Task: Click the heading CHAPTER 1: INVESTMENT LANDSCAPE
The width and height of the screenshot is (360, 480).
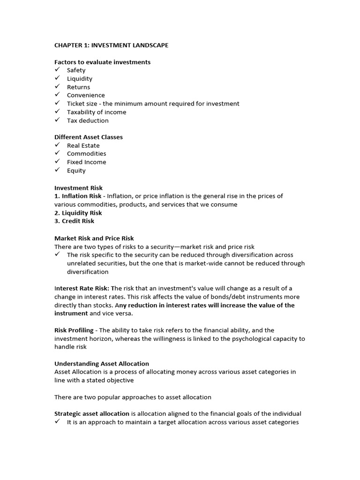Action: pos(111,45)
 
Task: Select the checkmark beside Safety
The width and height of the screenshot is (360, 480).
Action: pos(57,70)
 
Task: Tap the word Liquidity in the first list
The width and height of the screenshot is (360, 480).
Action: pos(80,79)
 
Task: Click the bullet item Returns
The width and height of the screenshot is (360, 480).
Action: pos(78,87)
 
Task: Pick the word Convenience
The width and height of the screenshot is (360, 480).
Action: pos(86,96)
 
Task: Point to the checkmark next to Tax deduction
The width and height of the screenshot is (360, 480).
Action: pos(57,120)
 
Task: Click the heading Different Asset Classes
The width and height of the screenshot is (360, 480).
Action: pos(89,137)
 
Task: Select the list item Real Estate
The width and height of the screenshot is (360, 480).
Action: pos(83,146)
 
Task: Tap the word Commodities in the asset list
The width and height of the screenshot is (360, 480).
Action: pos(86,154)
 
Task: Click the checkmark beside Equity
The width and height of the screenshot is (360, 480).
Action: pos(57,170)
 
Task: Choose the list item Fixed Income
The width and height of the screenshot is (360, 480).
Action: pos(86,162)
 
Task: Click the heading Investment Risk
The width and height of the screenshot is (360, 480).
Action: pos(78,188)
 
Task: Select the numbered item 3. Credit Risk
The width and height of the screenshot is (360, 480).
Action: pos(74,221)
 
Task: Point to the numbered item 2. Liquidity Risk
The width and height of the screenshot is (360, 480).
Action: pos(78,213)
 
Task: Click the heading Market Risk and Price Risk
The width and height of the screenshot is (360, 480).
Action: pos(94,239)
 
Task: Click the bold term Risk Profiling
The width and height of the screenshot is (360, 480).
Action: pos(74,330)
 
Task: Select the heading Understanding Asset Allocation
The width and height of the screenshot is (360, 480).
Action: pos(102,364)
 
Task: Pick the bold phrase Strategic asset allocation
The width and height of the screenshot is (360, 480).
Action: pos(92,414)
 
